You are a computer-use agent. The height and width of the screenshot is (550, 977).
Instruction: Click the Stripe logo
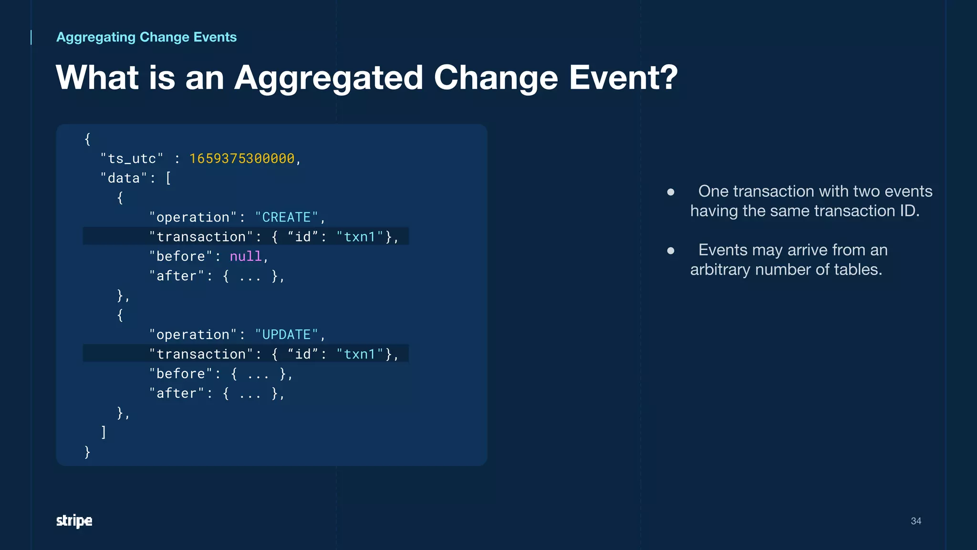coord(74,520)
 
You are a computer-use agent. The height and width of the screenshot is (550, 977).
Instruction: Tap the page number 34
coord(915,521)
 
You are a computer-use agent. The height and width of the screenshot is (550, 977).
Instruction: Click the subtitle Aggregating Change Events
coord(146,37)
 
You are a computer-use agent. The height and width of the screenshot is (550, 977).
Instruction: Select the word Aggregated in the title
coord(328,78)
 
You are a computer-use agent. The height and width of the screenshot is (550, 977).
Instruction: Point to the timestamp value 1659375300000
coord(242,159)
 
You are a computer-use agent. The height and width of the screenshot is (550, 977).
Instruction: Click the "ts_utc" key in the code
coord(132,159)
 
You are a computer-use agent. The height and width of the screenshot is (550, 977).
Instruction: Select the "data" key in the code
coord(124,178)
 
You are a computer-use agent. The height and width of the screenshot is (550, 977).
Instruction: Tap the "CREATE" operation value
coord(286,217)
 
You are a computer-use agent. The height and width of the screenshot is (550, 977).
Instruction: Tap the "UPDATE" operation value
coord(286,335)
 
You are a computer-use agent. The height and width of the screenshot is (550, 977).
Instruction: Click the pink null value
coord(246,256)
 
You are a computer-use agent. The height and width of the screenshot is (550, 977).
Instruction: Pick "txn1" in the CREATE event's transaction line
coord(360,237)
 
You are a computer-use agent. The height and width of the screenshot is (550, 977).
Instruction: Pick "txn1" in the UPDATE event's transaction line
coord(360,354)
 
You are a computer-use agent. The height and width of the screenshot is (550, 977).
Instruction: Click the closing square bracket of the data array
coord(104,432)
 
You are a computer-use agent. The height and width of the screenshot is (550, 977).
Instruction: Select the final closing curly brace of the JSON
coord(87,452)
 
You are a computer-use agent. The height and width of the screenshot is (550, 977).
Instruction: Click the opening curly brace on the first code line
coord(87,139)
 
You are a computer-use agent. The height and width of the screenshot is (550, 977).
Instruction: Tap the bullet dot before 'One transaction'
coord(671,192)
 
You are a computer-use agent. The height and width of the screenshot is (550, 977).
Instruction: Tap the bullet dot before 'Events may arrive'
coord(671,251)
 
